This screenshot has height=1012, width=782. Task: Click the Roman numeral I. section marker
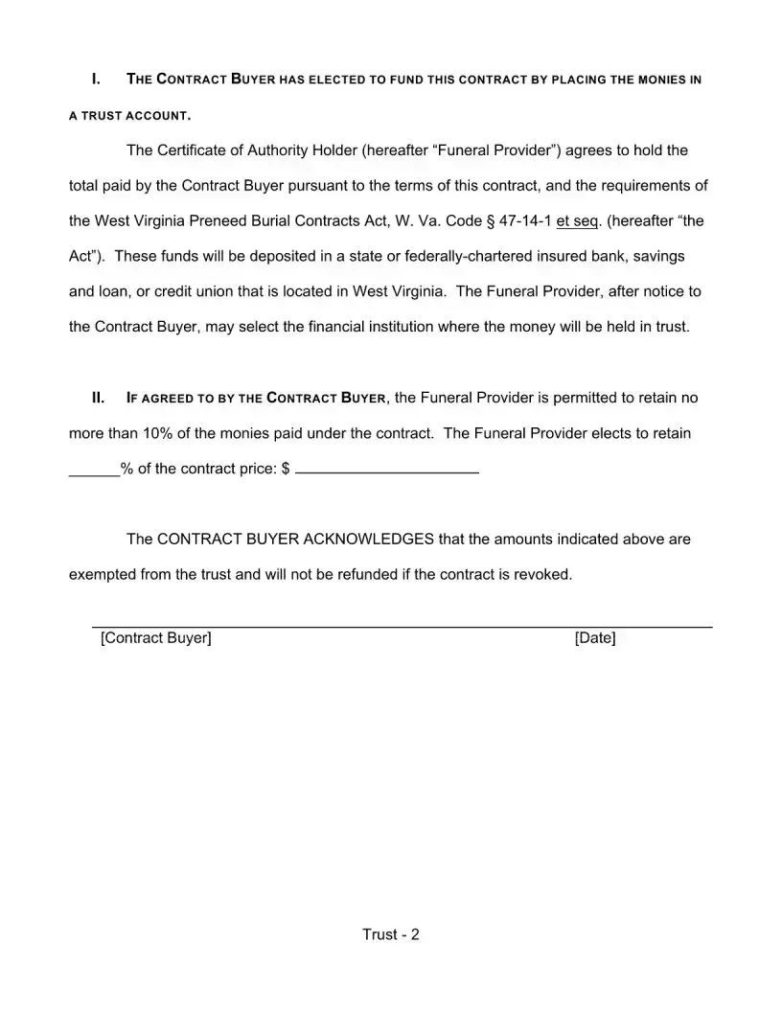coord(96,79)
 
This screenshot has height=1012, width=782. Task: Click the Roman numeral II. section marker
coord(97,398)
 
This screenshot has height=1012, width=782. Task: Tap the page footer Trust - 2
coord(391,934)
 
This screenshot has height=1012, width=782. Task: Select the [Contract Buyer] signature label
coord(155,637)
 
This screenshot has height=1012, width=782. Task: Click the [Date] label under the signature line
coord(594,637)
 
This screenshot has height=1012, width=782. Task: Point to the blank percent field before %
coord(94,470)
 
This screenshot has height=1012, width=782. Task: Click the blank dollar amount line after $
coord(387,470)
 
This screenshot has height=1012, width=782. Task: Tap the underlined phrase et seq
coord(577,220)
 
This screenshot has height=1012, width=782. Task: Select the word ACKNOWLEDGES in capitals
coord(368,539)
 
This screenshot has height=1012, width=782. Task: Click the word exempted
coord(103,574)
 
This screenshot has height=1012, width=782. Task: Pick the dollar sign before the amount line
coord(286,469)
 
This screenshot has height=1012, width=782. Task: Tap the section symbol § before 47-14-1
coord(491,220)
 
